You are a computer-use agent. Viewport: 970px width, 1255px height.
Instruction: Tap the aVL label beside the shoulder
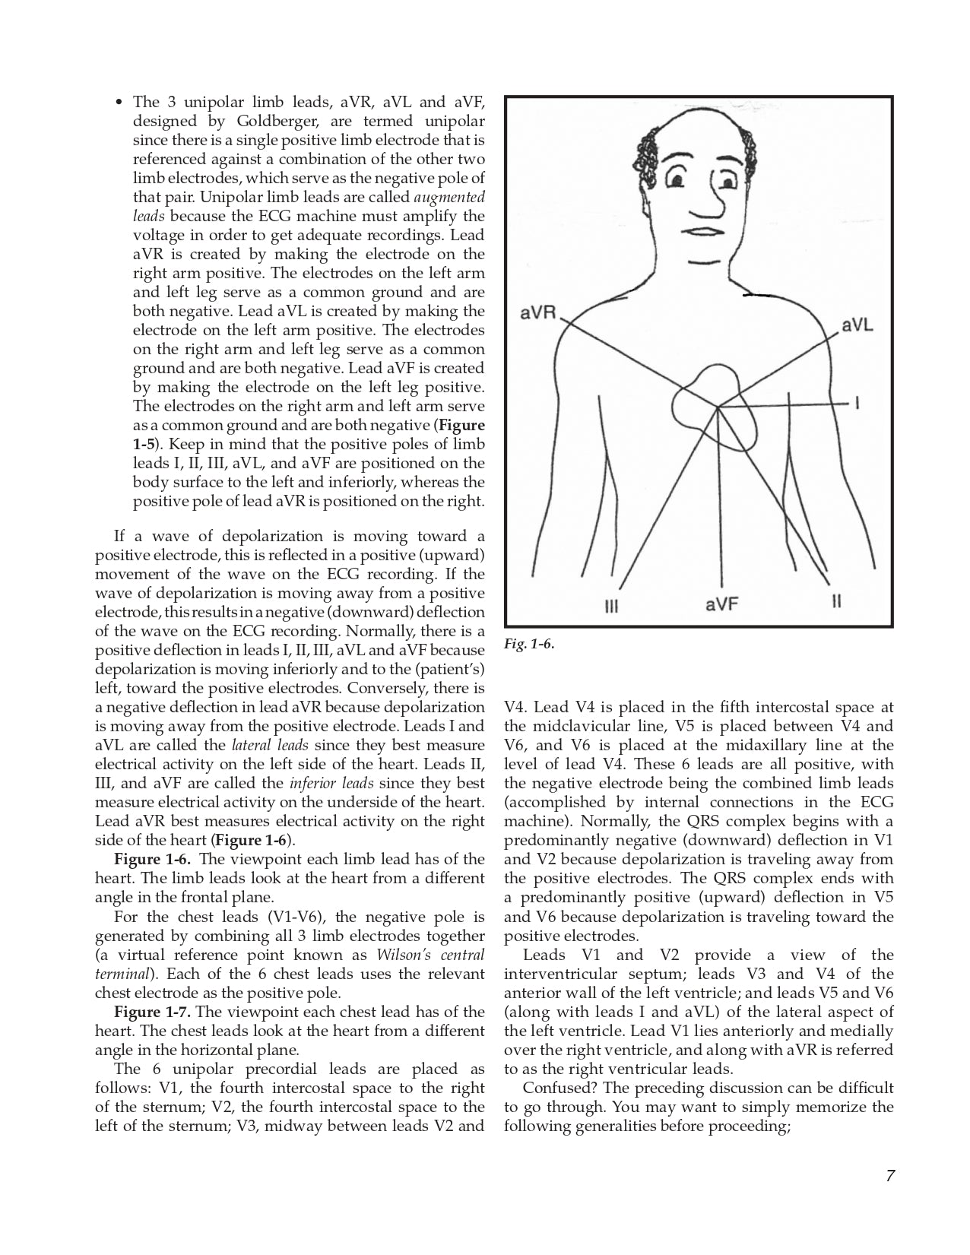point(857,325)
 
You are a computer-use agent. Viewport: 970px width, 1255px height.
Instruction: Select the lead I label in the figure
point(857,404)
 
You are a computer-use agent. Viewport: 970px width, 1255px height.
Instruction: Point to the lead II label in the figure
point(836,602)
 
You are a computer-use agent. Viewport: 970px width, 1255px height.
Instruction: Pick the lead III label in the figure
point(611,607)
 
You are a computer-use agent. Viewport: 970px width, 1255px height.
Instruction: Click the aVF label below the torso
point(721,605)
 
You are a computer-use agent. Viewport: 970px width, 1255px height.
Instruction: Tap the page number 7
point(889,1176)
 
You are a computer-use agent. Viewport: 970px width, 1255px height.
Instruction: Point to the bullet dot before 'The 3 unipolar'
point(119,102)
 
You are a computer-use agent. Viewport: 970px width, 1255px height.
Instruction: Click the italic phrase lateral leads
point(270,745)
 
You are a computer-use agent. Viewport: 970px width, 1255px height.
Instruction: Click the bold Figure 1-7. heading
point(152,1012)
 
